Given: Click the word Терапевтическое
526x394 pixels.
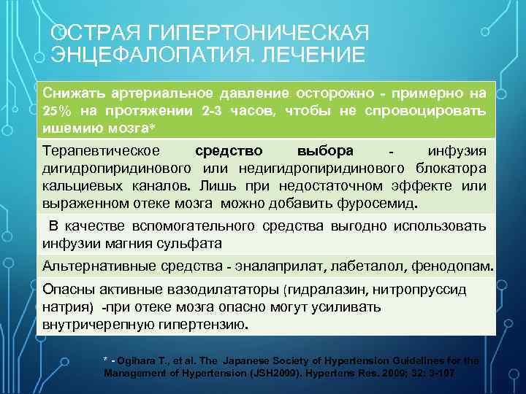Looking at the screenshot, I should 102,151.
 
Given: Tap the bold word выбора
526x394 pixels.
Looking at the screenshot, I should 326,151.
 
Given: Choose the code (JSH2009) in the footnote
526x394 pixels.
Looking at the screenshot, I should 259,373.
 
